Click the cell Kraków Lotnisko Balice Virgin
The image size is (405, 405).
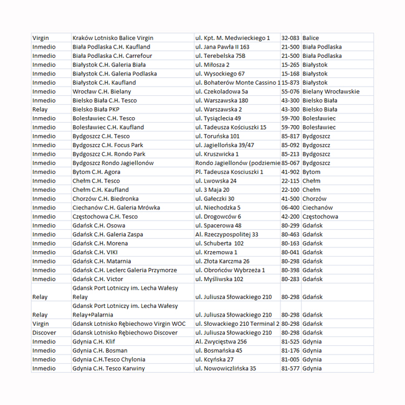click(x=112, y=38)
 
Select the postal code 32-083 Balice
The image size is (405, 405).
click(x=300, y=38)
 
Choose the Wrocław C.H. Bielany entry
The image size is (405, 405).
click(x=102, y=92)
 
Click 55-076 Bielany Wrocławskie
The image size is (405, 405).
click(x=320, y=92)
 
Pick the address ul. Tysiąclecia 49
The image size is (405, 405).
click(x=218, y=118)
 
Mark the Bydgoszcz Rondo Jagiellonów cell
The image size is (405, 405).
click(x=113, y=163)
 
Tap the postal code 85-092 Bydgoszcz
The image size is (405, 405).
click(x=305, y=145)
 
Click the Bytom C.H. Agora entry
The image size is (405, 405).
click(x=97, y=172)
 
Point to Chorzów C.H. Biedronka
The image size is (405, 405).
click(x=105, y=199)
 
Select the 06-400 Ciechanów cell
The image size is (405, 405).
click(x=307, y=207)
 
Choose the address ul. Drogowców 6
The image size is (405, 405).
click(x=218, y=217)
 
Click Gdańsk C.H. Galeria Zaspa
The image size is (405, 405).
click(x=107, y=234)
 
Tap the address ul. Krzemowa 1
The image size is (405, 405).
click(x=216, y=252)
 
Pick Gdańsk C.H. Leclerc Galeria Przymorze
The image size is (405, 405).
click(x=124, y=270)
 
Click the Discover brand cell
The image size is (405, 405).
click(x=44, y=333)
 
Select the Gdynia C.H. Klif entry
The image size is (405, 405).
click(x=93, y=341)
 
